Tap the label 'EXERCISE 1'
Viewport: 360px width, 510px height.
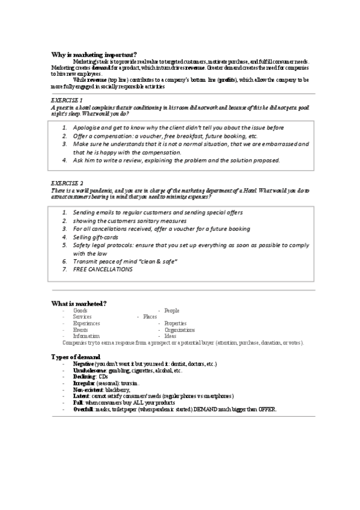click(67, 99)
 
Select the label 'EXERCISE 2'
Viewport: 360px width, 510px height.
click(67, 182)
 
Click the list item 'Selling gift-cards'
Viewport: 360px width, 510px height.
click(96, 237)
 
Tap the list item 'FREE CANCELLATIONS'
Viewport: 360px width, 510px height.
click(103, 269)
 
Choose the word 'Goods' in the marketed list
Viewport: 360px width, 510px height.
click(80, 310)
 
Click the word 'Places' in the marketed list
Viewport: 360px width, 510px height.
click(150, 316)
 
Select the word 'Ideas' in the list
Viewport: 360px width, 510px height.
click(170, 336)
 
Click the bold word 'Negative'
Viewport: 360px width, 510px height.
click(83, 364)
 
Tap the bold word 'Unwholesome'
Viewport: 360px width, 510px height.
click(88, 370)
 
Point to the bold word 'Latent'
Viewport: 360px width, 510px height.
click(81, 396)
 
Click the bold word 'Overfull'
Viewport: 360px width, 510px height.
click(84, 409)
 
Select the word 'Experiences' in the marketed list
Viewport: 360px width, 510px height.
click(86, 323)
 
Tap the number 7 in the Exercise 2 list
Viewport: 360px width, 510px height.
click(64, 269)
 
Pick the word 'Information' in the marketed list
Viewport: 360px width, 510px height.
click(86, 336)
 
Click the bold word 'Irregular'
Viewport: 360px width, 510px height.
click(84, 383)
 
